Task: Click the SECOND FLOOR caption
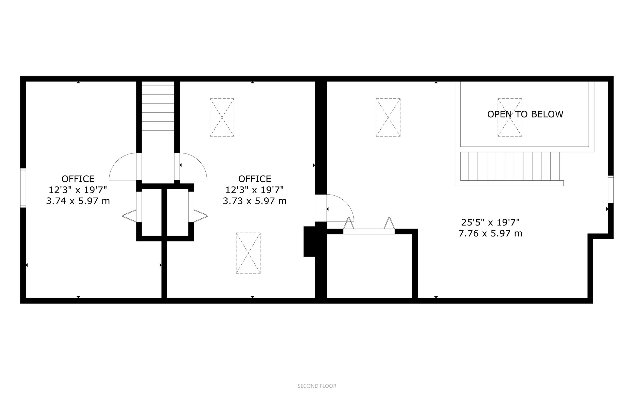(317, 386)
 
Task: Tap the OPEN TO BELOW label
(525, 114)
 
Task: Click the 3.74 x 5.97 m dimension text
(78, 201)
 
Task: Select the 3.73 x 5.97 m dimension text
(254, 201)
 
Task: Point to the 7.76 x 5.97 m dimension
(490, 233)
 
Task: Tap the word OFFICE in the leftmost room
(78, 179)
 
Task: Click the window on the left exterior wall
(23, 188)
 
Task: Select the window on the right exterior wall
(611, 189)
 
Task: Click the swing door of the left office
(123, 168)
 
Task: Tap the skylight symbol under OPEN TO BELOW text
(510, 117)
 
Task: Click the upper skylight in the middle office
(222, 117)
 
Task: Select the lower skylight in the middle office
(248, 253)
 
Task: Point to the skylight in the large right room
(388, 117)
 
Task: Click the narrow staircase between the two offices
(158, 107)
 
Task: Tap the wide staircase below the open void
(510, 167)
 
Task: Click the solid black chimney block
(309, 241)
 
